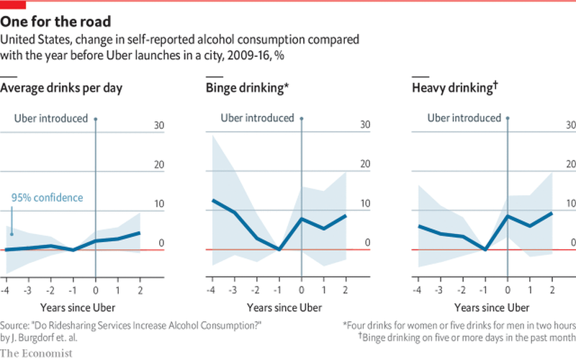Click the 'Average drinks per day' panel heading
pyautogui.click(x=61, y=89)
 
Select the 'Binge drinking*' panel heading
pyautogui.click(x=248, y=89)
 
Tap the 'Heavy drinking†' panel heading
pyautogui.click(x=455, y=89)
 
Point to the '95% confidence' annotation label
pyautogui.click(x=47, y=198)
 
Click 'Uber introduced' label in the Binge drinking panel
pyautogui.click(x=257, y=118)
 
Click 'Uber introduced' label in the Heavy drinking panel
pyautogui.click(x=464, y=118)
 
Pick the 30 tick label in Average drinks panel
pyautogui.click(x=159, y=125)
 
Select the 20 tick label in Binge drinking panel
pyautogui.click(x=365, y=164)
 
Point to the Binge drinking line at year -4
pyautogui.click(x=213, y=200)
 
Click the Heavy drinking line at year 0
pyautogui.click(x=508, y=216)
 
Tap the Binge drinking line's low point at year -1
pyautogui.click(x=279, y=249)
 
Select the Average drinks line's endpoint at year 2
pyautogui.click(x=140, y=233)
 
